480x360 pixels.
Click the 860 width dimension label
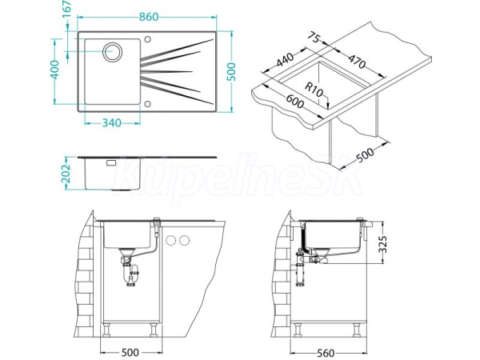(149, 17)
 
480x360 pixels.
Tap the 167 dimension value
(66, 10)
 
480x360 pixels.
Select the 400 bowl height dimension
(54, 70)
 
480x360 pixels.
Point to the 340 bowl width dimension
(111, 123)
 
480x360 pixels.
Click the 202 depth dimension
(66, 174)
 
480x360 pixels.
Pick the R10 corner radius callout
(314, 90)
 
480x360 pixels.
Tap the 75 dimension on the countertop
(314, 38)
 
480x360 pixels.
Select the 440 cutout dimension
(285, 59)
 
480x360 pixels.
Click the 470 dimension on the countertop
(358, 62)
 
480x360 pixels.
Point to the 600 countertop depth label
(295, 102)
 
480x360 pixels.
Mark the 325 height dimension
(382, 244)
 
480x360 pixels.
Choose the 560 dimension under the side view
(326, 354)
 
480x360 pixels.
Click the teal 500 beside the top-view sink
(232, 72)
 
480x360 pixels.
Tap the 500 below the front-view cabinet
(130, 353)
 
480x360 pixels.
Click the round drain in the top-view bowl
(112, 52)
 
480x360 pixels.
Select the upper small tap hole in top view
(147, 39)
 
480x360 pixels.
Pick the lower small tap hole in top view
(147, 104)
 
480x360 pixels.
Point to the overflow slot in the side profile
(111, 162)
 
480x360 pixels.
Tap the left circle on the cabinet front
(171, 241)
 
